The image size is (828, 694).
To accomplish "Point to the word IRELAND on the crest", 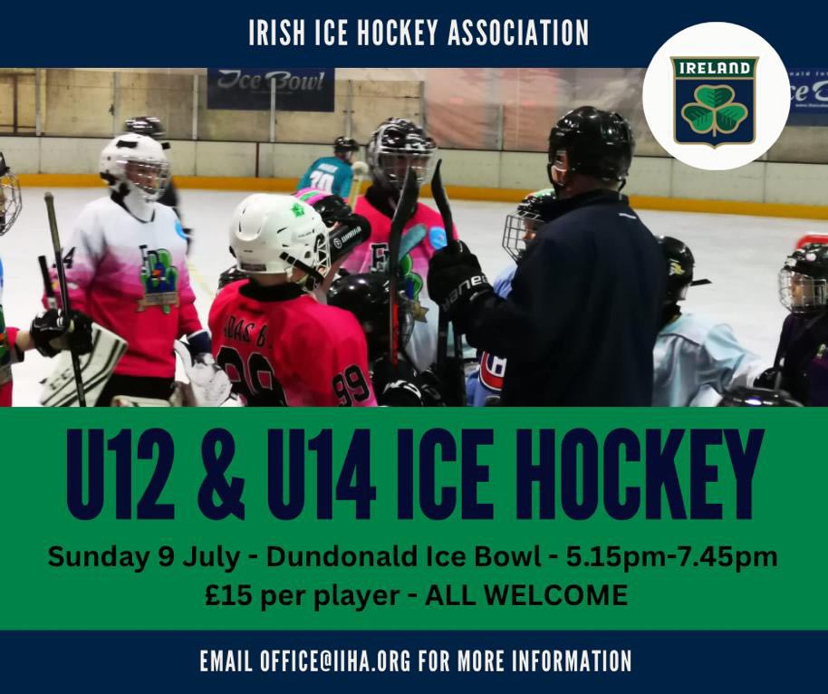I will pyautogui.click(x=715, y=68).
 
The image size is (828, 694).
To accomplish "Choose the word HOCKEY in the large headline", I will pyautogui.click(x=643, y=475).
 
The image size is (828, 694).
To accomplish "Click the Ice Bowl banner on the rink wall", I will pyautogui.click(x=270, y=88).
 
